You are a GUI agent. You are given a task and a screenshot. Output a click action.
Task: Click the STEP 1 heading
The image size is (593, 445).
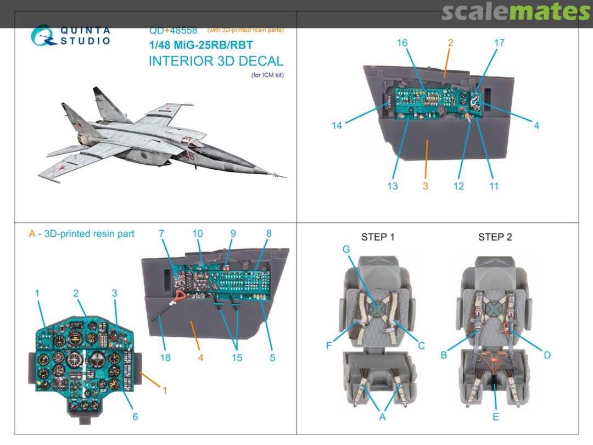378,237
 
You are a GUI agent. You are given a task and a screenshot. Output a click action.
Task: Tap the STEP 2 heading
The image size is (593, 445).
495,237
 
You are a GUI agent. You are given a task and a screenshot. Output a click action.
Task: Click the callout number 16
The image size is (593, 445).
402,43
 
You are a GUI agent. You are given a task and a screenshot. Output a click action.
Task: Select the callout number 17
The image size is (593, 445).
499,43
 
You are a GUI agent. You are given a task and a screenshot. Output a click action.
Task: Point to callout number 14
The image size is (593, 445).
337,126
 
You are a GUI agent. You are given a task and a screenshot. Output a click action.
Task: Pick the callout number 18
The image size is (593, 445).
165,358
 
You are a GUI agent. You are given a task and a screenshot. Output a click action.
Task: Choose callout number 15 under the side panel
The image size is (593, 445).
236,358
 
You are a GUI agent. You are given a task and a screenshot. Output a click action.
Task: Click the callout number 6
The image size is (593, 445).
135,417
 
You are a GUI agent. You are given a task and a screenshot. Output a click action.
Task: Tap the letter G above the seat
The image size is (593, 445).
346,250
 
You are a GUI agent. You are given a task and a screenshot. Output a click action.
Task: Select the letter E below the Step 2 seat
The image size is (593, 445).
495,417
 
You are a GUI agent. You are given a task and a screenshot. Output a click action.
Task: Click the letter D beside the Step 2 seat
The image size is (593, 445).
547,355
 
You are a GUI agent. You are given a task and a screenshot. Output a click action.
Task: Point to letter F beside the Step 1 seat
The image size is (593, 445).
329,346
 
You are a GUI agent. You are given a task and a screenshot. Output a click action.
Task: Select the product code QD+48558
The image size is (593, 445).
173,30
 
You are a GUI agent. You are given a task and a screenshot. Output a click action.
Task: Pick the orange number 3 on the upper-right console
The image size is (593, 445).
425,186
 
